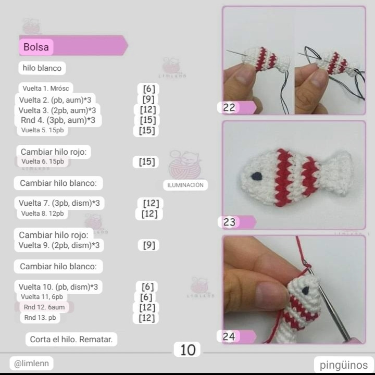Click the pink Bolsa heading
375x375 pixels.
[x=36, y=47]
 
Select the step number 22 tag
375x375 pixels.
[x=229, y=108]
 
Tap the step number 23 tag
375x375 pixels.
[x=229, y=222]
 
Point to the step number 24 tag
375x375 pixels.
[x=229, y=337]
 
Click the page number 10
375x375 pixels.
[x=187, y=350]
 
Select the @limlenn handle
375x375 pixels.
[x=31, y=364]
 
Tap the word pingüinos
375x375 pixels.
[x=343, y=365]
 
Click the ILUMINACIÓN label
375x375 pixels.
[x=185, y=185]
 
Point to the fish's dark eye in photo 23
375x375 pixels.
[x=256, y=176]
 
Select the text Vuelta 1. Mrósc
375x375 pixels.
[x=46, y=89]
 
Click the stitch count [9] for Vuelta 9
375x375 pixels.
[x=149, y=245]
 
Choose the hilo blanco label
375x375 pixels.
[x=42, y=68]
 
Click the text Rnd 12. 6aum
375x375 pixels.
[x=44, y=307]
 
